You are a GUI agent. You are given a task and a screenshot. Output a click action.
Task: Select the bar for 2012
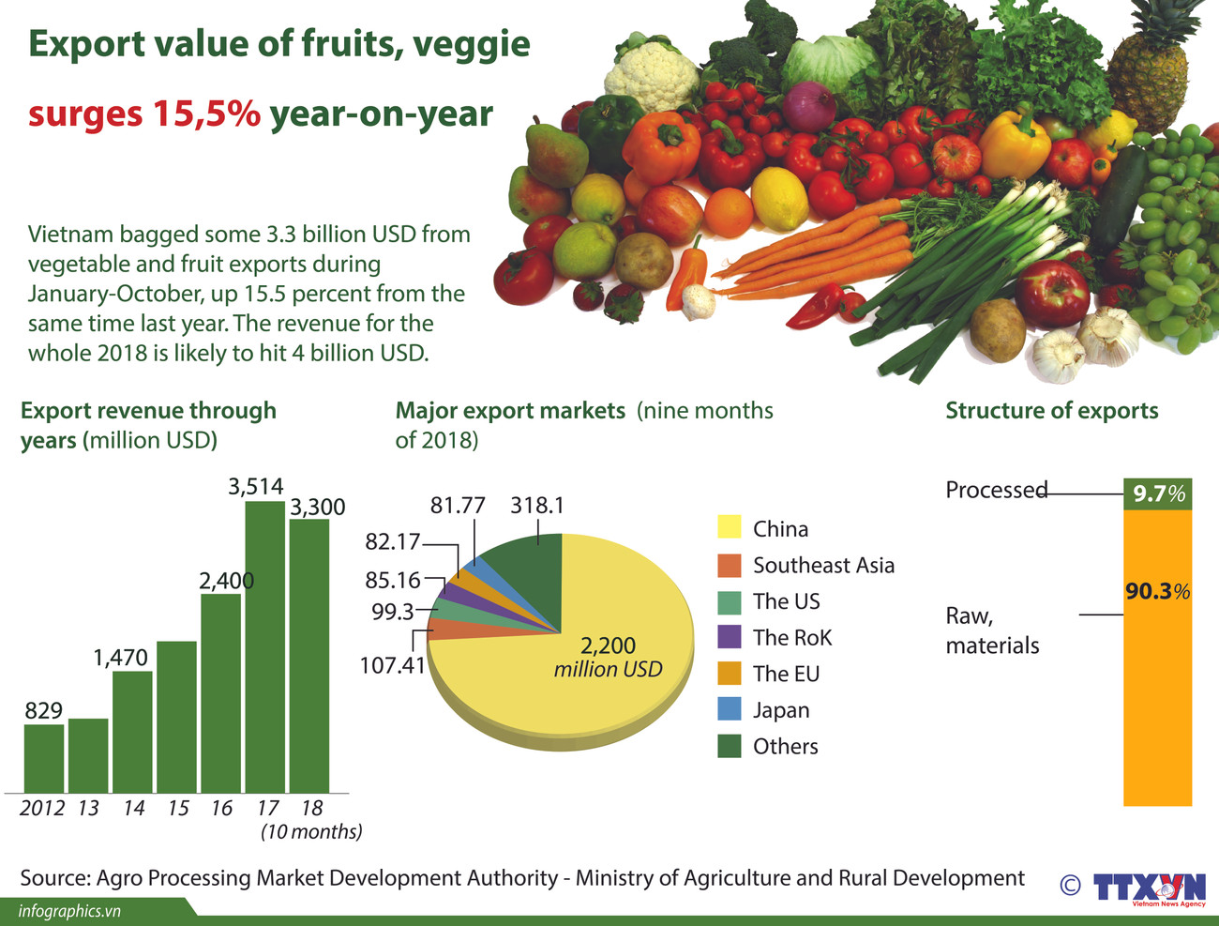(44, 758)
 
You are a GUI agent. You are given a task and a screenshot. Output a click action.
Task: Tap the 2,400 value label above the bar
(226, 581)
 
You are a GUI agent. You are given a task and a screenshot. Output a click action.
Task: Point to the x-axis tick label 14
(133, 808)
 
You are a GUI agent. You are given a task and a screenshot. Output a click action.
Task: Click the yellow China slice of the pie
(581, 676)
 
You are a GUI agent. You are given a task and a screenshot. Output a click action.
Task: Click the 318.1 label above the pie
(536, 506)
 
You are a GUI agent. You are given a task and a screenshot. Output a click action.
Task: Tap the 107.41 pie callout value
(392, 665)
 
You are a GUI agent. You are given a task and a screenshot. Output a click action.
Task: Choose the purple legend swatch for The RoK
(730, 637)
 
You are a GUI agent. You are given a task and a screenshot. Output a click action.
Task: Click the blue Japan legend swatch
(730, 709)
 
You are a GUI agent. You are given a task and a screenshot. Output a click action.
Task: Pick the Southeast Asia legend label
(823, 565)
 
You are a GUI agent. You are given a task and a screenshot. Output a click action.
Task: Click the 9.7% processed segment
(1157, 493)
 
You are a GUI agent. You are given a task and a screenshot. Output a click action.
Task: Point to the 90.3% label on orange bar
(1157, 591)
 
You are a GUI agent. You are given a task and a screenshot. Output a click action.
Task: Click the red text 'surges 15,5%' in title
(143, 114)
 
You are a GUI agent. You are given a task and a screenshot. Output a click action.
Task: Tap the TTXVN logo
(1149, 887)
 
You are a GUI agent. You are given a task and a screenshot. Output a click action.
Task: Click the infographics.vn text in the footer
(69, 911)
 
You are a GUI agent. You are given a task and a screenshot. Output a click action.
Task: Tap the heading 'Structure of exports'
(1051, 411)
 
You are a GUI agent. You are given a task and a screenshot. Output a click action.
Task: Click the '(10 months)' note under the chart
(311, 831)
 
